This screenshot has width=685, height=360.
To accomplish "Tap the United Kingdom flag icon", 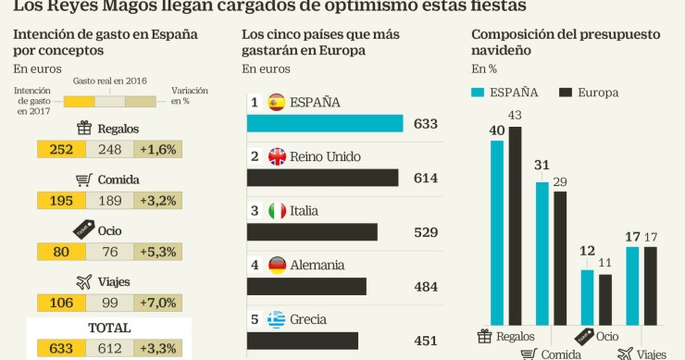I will click(276, 156).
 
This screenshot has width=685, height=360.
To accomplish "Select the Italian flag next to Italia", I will click(276, 211).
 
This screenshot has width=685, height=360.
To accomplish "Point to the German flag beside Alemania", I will click(276, 266).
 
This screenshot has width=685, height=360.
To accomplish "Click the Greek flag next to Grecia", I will click(276, 320).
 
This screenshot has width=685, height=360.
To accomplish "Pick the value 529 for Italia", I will click(425, 232).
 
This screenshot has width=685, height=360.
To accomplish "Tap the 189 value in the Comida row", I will click(109, 200).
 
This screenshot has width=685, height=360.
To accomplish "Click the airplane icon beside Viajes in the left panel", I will click(84, 281).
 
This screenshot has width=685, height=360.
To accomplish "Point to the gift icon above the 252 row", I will click(83, 128).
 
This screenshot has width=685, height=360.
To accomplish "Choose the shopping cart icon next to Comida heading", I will click(83, 180).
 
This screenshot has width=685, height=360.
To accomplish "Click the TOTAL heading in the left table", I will click(109, 328).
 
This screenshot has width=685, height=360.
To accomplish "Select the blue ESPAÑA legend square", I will click(479, 93).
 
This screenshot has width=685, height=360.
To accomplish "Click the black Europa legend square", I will click(567, 93).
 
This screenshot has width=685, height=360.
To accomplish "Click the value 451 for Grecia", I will click(425, 341).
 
